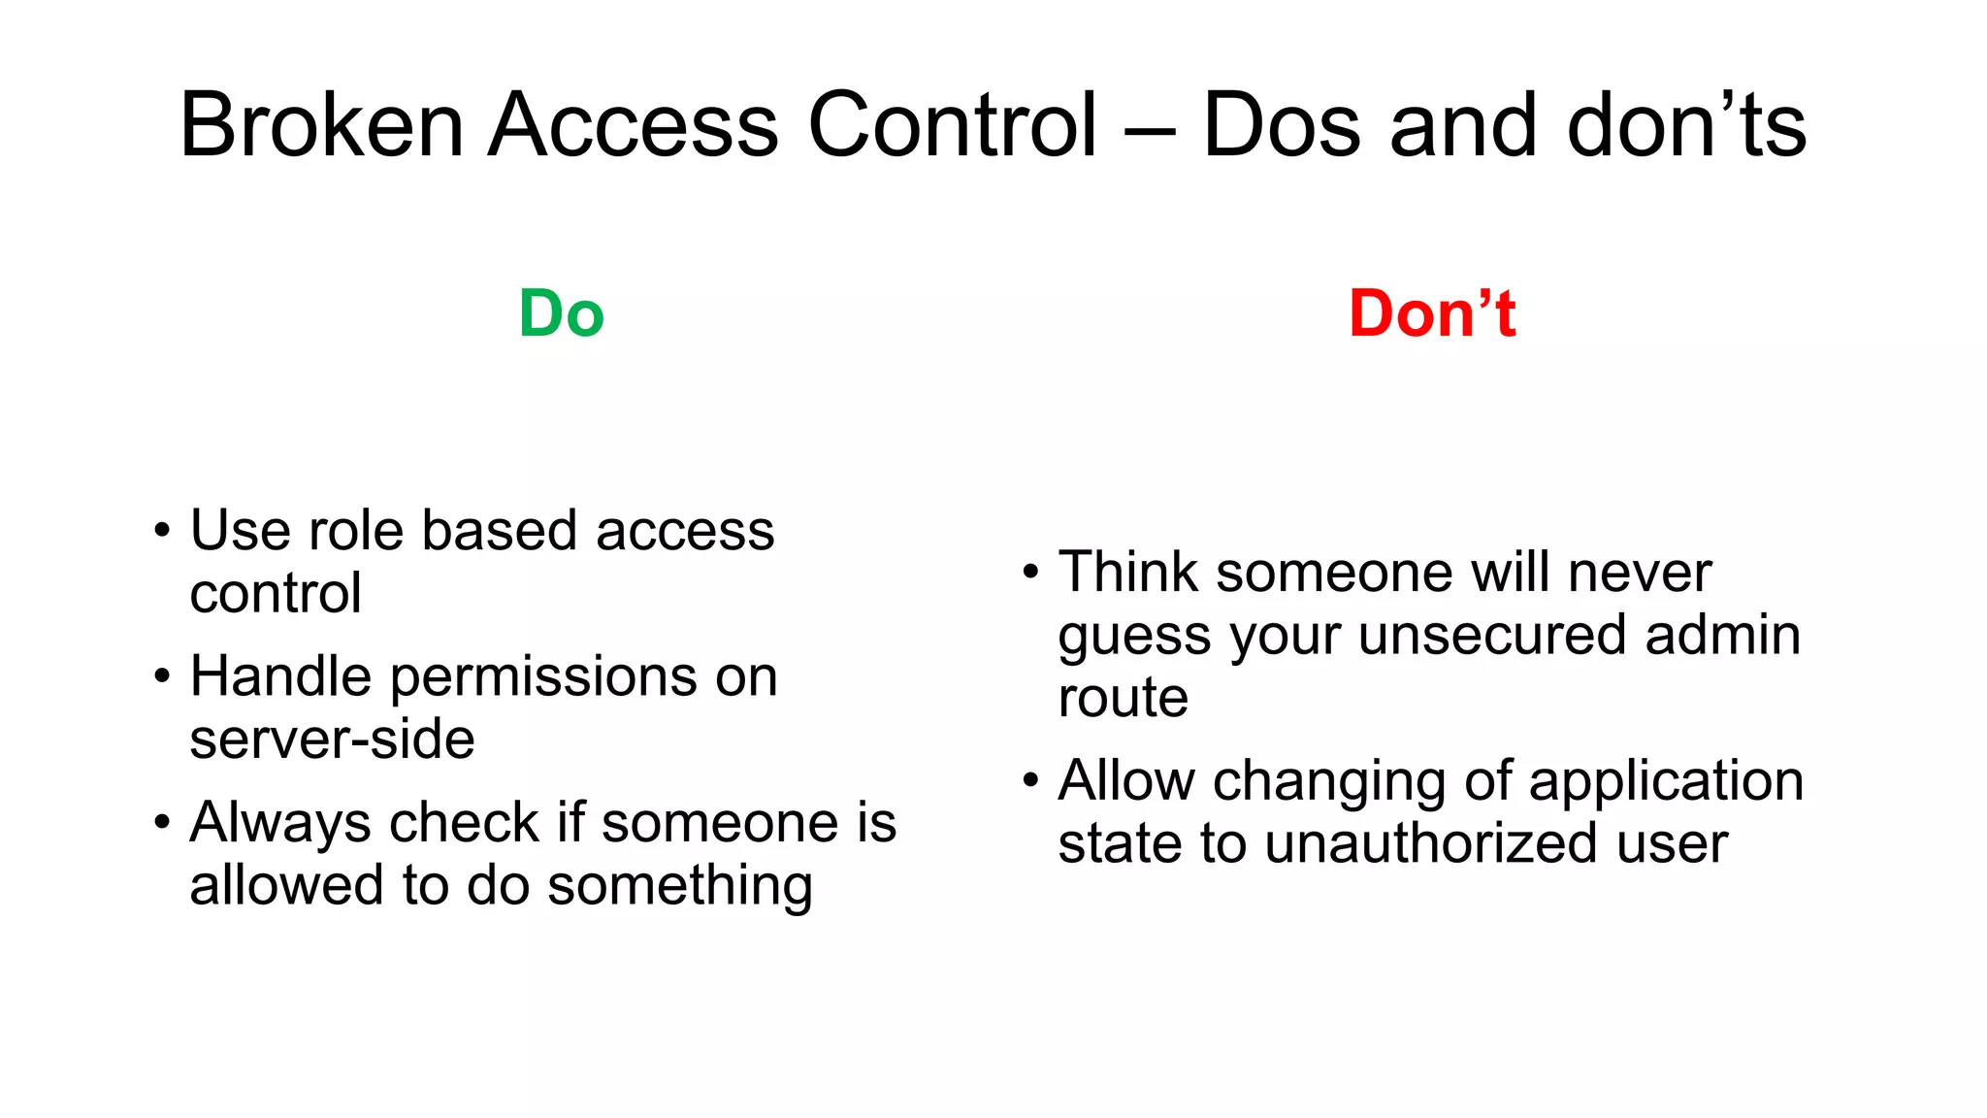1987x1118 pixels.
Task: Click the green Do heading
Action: click(x=561, y=314)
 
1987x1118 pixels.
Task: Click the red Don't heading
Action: click(x=1431, y=314)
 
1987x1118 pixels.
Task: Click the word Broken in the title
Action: click(x=321, y=125)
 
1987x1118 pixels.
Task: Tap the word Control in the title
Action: click(x=952, y=125)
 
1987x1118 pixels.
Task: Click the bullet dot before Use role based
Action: click(x=162, y=532)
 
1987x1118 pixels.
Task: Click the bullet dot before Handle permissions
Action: click(x=162, y=677)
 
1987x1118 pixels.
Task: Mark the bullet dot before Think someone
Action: click(x=1030, y=573)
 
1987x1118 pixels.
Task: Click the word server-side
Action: click(x=332, y=740)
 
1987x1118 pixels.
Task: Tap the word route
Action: click(x=1123, y=698)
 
